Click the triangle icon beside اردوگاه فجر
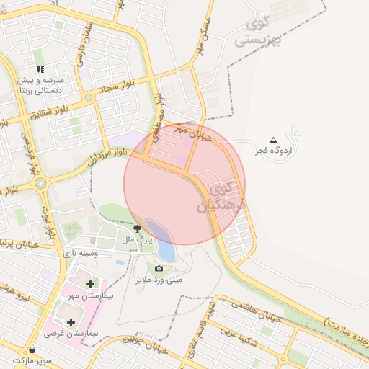point(272,140)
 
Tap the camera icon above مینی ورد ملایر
point(159,268)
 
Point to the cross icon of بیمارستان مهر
point(89,285)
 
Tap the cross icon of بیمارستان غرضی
point(71,322)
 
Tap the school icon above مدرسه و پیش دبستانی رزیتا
point(41,69)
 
